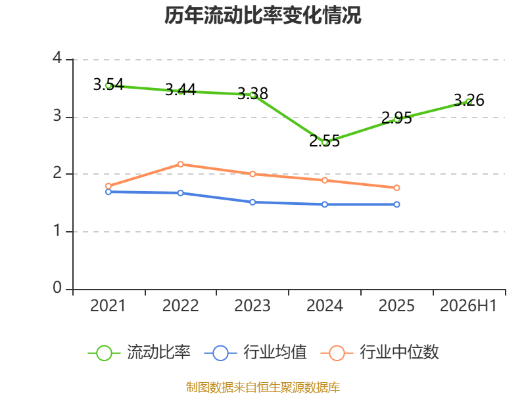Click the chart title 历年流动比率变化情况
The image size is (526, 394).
(x=262, y=15)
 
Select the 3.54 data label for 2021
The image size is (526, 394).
(x=108, y=84)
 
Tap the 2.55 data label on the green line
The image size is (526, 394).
(x=324, y=141)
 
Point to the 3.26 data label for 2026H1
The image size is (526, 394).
(x=469, y=100)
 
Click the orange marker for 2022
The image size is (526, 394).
(x=180, y=164)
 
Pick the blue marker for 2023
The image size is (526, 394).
(x=252, y=202)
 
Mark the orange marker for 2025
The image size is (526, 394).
(x=396, y=188)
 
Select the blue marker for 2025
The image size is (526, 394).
(x=396, y=204)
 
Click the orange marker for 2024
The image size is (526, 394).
(x=324, y=180)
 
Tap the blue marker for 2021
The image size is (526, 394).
(x=108, y=192)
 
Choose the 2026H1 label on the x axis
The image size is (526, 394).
(x=468, y=305)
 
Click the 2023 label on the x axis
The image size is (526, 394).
(x=252, y=305)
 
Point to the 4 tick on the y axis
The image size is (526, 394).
(x=57, y=58)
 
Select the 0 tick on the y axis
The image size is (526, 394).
(x=57, y=288)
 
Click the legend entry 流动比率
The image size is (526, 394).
(x=139, y=353)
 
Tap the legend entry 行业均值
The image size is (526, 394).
(x=255, y=353)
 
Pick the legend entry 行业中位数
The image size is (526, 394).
(x=380, y=353)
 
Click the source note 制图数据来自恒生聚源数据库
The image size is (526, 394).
(x=263, y=387)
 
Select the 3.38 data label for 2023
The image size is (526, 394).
(x=252, y=93)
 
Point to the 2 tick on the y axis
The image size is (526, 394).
(x=57, y=173)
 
